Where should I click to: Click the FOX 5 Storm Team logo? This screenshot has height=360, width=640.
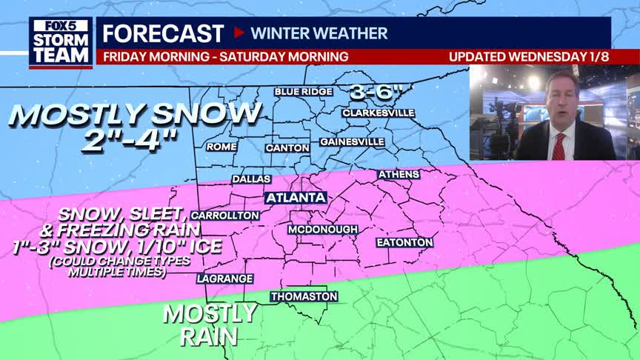(x=61, y=42)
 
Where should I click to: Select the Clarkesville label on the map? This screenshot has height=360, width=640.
(x=378, y=113)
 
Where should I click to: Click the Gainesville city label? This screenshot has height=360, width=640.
(x=352, y=141)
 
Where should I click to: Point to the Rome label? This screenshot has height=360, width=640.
(x=221, y=147)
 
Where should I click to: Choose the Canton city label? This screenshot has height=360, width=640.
(x=287, y=148)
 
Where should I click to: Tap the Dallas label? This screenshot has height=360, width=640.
(x=251, y=179)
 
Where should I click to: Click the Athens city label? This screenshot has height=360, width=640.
(x=399, y=175)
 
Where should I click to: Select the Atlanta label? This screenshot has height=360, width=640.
(x=296, y=198)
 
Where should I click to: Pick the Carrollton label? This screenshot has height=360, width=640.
(x=226, y=216)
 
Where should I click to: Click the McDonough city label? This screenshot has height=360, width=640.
(x=323, y=230)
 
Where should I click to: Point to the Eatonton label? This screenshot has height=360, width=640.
(x=404, y=242)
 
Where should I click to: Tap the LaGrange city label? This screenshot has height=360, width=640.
(x=225, y=279)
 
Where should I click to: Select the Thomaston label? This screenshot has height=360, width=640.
(x=304, y=296)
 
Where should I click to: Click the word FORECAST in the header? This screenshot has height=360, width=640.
(x=163, y=33)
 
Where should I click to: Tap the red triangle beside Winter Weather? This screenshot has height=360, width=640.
(x=239, y=33)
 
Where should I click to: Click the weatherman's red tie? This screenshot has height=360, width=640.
(x=559, y=145)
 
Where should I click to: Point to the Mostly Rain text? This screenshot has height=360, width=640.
(x=210, y=324)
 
